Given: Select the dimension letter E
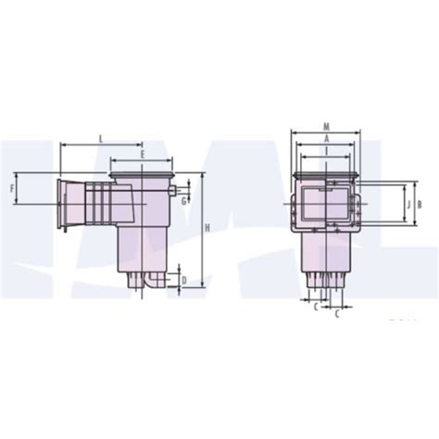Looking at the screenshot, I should point(142,156).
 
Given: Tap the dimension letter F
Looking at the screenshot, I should point(12,189).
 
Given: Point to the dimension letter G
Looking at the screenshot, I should point(184,200).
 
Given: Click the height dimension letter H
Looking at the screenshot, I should point(207,227).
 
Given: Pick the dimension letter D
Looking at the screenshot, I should point(184,280).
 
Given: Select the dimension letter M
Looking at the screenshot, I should point(327,126).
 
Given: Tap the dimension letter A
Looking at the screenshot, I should point(327,138).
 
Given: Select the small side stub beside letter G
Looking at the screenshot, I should point(173,192).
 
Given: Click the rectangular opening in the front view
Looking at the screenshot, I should point(327,206).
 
